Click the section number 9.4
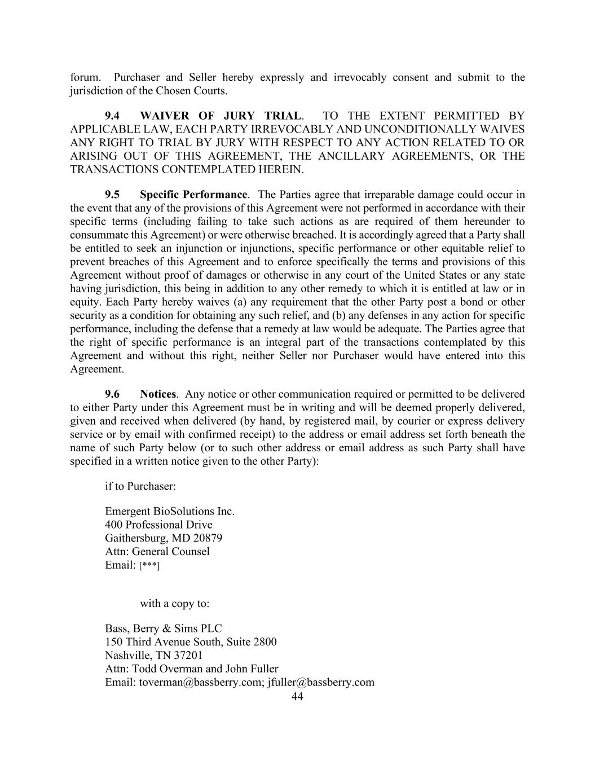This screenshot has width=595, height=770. point(112,116)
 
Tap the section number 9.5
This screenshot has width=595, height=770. point(112,195)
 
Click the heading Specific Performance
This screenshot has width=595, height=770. point(193,195)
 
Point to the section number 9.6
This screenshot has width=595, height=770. point(112,394)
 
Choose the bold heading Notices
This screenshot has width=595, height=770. point(158,394)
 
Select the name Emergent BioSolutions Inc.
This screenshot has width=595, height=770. point(169,512)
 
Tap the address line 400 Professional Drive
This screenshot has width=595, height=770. point(158,525)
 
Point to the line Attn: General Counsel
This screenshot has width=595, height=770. point(157,552)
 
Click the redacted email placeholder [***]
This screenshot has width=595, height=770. point(149,566)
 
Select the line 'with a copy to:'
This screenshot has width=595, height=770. point(175,604)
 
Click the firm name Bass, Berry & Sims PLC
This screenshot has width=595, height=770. point(164,628)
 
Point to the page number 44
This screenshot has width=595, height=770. point(297,697)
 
